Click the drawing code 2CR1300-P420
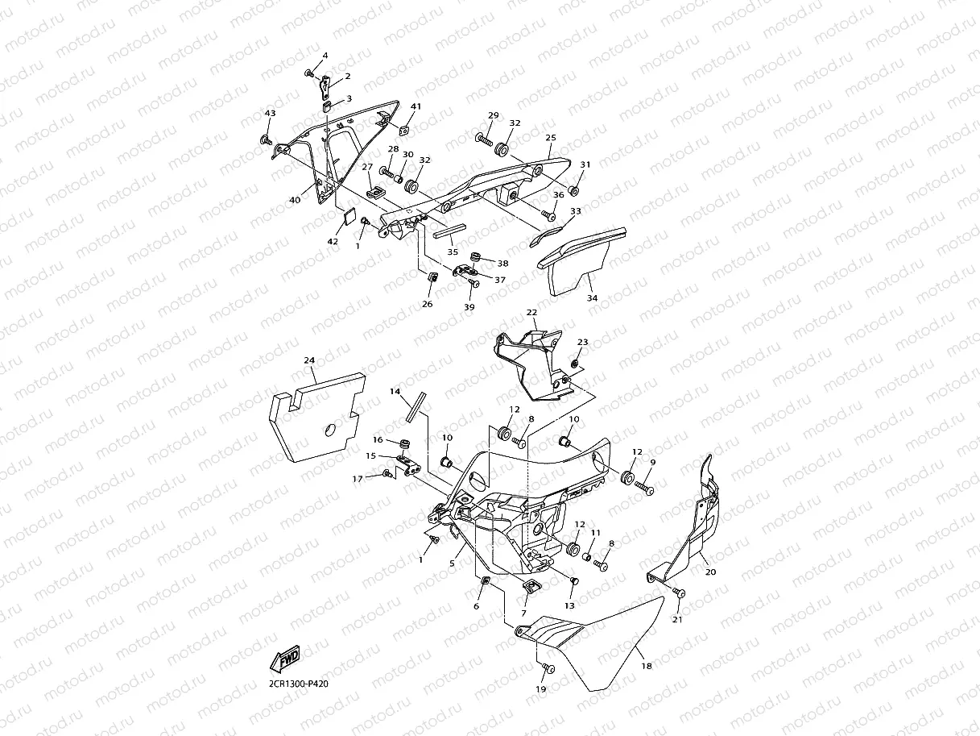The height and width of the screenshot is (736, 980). pos(299,684)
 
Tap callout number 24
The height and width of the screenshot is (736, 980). pos(309,360)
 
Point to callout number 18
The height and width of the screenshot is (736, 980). pos(647,666)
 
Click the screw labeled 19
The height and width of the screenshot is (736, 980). pos(548,668)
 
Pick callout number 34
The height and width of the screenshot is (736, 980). pos(592,297)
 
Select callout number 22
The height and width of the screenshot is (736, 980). pos(531,312)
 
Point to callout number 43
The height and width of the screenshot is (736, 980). pos(270,114)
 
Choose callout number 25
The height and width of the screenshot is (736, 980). pos(551,138)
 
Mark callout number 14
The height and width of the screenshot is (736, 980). pos(395,391)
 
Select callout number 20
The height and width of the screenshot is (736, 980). pos(709,572)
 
